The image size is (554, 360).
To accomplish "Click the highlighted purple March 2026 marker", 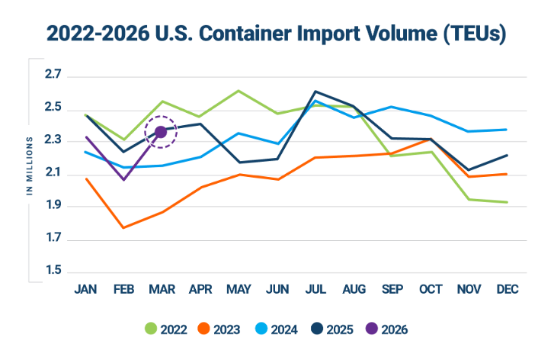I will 161,132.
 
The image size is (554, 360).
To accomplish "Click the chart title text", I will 277,34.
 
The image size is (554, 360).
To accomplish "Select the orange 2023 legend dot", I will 203,329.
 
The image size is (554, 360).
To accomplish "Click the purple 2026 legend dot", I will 371,329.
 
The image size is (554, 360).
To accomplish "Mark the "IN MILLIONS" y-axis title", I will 30,166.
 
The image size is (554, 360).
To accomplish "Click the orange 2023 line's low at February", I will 123,227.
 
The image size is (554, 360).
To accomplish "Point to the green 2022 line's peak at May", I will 239,90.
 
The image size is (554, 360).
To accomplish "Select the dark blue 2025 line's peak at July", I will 315,92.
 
